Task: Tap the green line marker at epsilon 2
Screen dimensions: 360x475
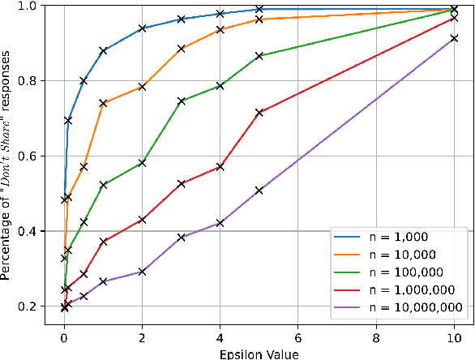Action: tap(143, 163)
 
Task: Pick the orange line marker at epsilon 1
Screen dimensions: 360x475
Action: tap(103, 103)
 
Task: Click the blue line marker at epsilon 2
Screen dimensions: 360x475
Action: tap(143, 28)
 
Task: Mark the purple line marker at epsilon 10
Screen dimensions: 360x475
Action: tap(454, 38)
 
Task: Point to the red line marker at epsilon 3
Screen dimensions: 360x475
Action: tap(182, 184)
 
